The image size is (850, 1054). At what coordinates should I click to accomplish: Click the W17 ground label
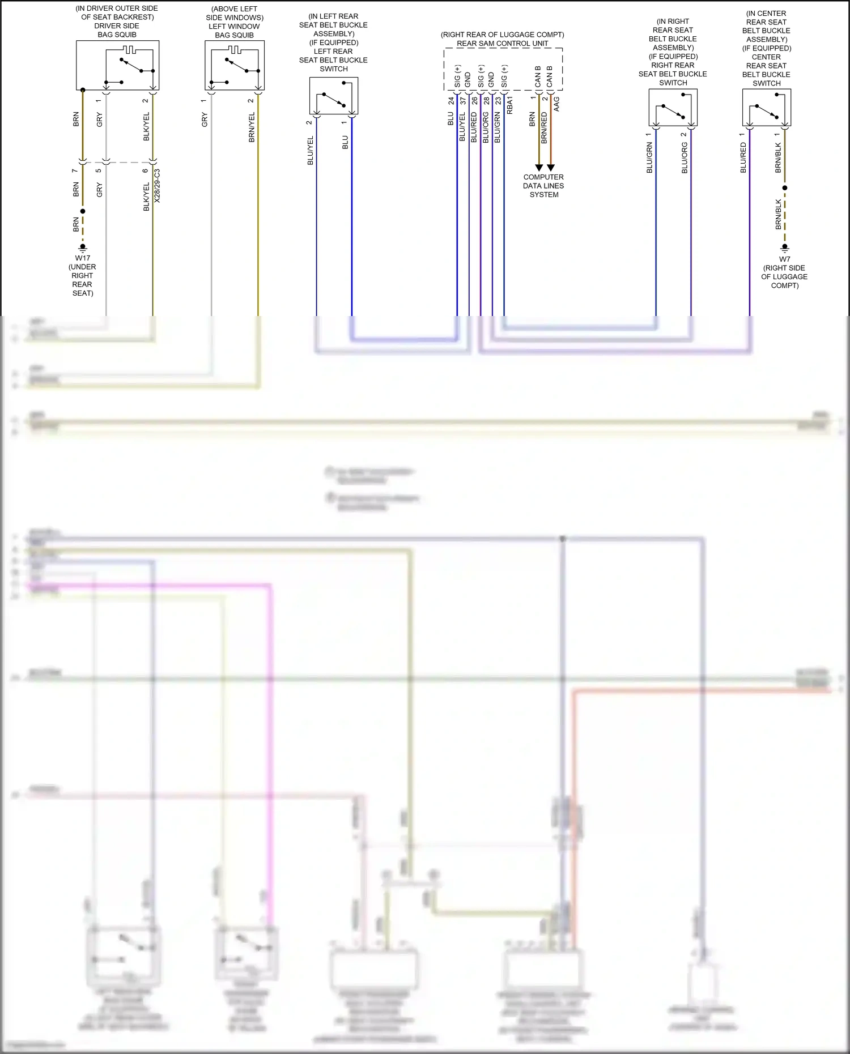83,258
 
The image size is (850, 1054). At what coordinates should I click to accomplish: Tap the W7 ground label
784,259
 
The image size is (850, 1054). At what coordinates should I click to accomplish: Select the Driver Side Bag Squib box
118,65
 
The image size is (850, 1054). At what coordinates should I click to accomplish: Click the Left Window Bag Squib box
235,65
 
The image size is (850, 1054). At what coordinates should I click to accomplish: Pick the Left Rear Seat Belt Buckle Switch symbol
334,96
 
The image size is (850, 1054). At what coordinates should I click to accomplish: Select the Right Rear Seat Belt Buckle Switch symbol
673,108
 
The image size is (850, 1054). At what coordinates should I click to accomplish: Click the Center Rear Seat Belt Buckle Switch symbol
767,108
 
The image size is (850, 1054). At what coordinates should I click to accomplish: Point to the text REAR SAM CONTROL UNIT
503,44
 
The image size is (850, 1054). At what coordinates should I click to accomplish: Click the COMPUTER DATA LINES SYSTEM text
543,186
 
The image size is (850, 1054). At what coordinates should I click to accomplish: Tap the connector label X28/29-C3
158,186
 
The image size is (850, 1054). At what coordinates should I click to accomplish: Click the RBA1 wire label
510,105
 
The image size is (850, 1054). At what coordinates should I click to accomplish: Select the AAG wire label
556,104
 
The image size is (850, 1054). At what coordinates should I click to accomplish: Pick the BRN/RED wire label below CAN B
545,127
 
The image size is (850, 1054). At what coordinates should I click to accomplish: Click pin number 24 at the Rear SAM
451,101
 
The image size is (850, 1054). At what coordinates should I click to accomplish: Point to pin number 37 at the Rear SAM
463,101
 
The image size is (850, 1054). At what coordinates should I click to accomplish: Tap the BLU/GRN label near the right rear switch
649,157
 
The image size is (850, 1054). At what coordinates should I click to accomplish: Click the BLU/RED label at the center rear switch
743,157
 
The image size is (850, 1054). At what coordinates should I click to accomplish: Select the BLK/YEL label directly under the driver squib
146,126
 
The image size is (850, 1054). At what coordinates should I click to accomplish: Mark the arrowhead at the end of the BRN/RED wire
551,168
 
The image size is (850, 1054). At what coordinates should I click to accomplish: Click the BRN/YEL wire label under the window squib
252,127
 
